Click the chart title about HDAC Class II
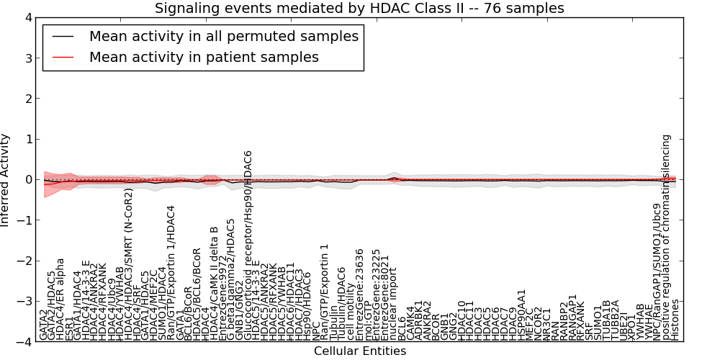coord(359,8)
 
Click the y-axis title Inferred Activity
coord(6,179)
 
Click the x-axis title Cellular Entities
coord(359,351)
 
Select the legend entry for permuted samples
coord(223,36)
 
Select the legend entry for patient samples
coord(204,57)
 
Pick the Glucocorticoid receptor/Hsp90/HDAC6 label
coord(248,245)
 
